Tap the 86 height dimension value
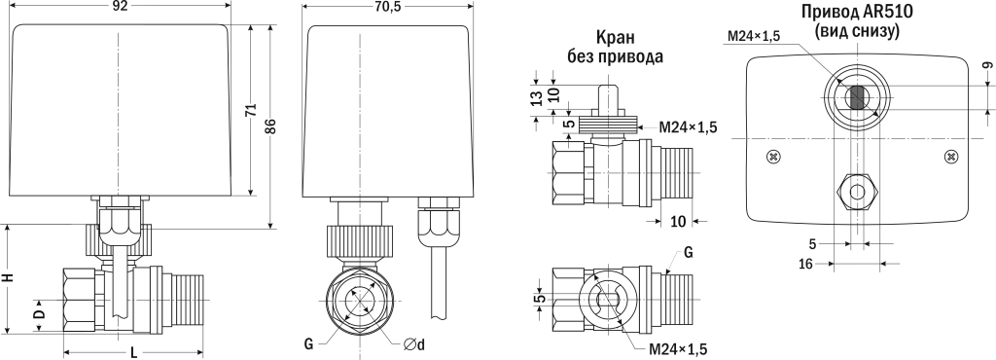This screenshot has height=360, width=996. (x=272, y=126)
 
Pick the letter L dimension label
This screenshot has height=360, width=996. (x=133, y=352)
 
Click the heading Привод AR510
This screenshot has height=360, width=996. (x=856, y=12)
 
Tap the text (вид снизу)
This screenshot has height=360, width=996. (x=856, y=31)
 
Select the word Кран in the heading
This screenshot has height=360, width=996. (x=615, y=37)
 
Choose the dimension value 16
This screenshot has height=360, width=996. (x=806, y=264)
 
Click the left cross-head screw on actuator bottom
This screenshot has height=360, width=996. (x=773, y=156)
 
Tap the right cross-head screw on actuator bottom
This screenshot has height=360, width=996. (x=950, y=156)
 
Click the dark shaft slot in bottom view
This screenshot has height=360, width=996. (x=857, y=97)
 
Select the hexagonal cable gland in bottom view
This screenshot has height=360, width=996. (x=857, y=192)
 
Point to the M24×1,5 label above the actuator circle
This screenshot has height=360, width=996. (x=754, y=37)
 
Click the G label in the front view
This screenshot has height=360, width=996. (x=307, y=344)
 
